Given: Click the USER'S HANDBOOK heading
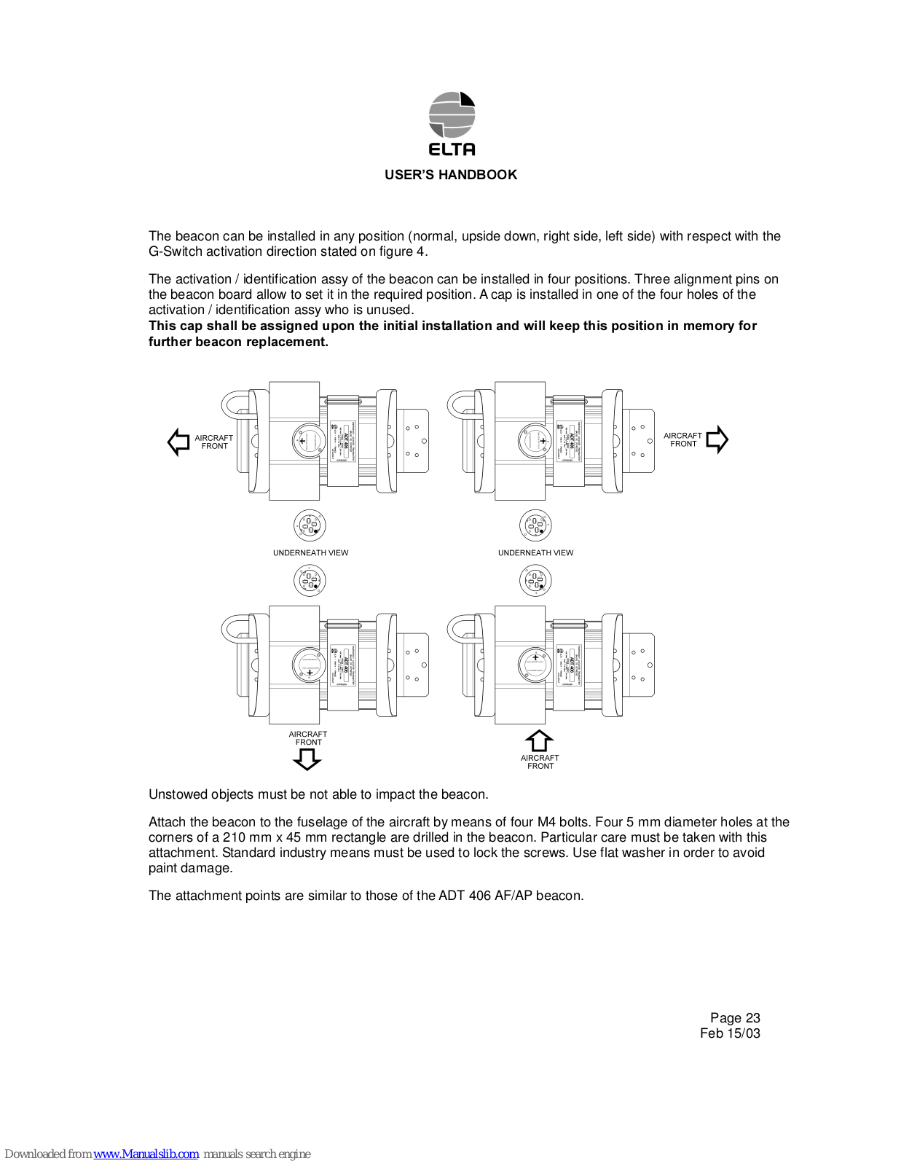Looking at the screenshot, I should [451, 175].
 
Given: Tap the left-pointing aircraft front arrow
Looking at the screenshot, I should [178, 442].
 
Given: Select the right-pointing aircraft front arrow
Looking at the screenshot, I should [717, 439].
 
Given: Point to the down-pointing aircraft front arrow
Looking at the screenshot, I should [307, 760].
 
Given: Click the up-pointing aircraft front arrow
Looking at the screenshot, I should [539, 740].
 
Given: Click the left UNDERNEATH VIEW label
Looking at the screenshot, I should [310, 553].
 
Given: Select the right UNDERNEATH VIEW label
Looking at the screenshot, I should [535, 553].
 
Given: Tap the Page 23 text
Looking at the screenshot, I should [735, 1018].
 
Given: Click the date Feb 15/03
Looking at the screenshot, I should [730, 1033].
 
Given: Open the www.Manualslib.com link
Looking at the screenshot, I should [146, 1154].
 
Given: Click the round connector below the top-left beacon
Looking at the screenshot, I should [310, 525].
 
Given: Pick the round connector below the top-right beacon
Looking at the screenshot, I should [535, 525].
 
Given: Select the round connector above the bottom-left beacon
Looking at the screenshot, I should [310, 581].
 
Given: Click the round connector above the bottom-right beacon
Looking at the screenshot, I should [535, 581].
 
